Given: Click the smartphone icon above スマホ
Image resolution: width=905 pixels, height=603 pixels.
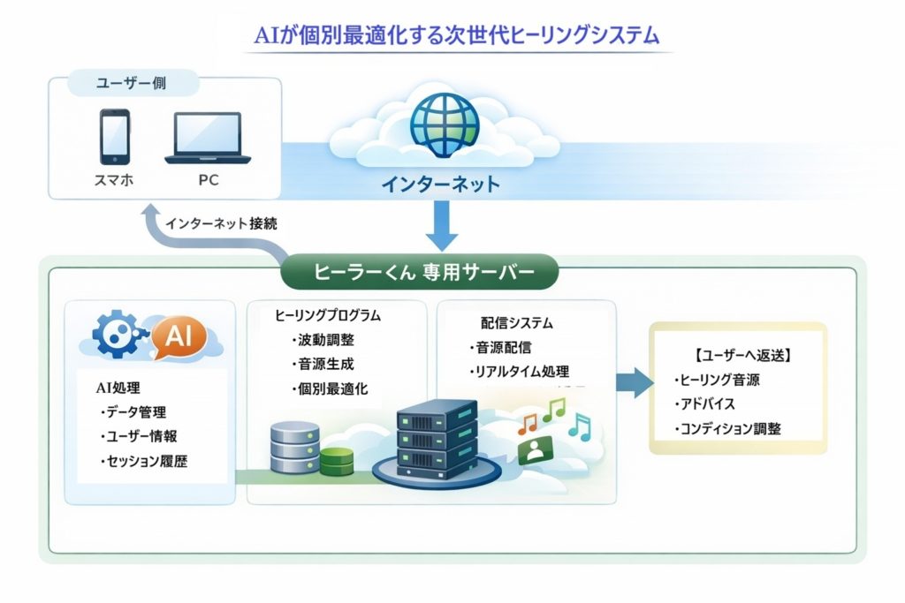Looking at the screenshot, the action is (115, 137).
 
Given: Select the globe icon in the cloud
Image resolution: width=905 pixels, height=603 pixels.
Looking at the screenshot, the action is (445, 125).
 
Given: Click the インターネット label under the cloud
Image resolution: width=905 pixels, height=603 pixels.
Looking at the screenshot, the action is (440, 185).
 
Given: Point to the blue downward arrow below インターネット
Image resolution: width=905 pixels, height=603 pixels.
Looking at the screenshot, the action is (442, 225).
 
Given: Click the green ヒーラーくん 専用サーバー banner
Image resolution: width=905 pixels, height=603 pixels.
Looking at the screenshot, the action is (420, 272).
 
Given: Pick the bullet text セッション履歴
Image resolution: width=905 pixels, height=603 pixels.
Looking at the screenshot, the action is (144, 461).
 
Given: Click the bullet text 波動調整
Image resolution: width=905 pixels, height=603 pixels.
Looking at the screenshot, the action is (323, 340).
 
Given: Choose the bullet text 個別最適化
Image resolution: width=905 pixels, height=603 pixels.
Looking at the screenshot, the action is (330, 389).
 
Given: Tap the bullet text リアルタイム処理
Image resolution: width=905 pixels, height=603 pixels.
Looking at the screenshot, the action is (520, 372).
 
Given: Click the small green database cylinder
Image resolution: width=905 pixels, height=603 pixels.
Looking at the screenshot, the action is (337, 460).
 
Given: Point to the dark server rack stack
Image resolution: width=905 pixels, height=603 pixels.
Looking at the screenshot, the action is (437, 440).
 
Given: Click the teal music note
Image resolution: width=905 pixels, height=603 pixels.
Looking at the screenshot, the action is (580, 427).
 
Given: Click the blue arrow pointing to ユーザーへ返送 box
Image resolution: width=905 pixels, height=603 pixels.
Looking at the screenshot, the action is (635, 381).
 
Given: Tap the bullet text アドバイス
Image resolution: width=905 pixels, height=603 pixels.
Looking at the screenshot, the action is (705, 403).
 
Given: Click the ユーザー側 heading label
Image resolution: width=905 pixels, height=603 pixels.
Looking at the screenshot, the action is (132, 84).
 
